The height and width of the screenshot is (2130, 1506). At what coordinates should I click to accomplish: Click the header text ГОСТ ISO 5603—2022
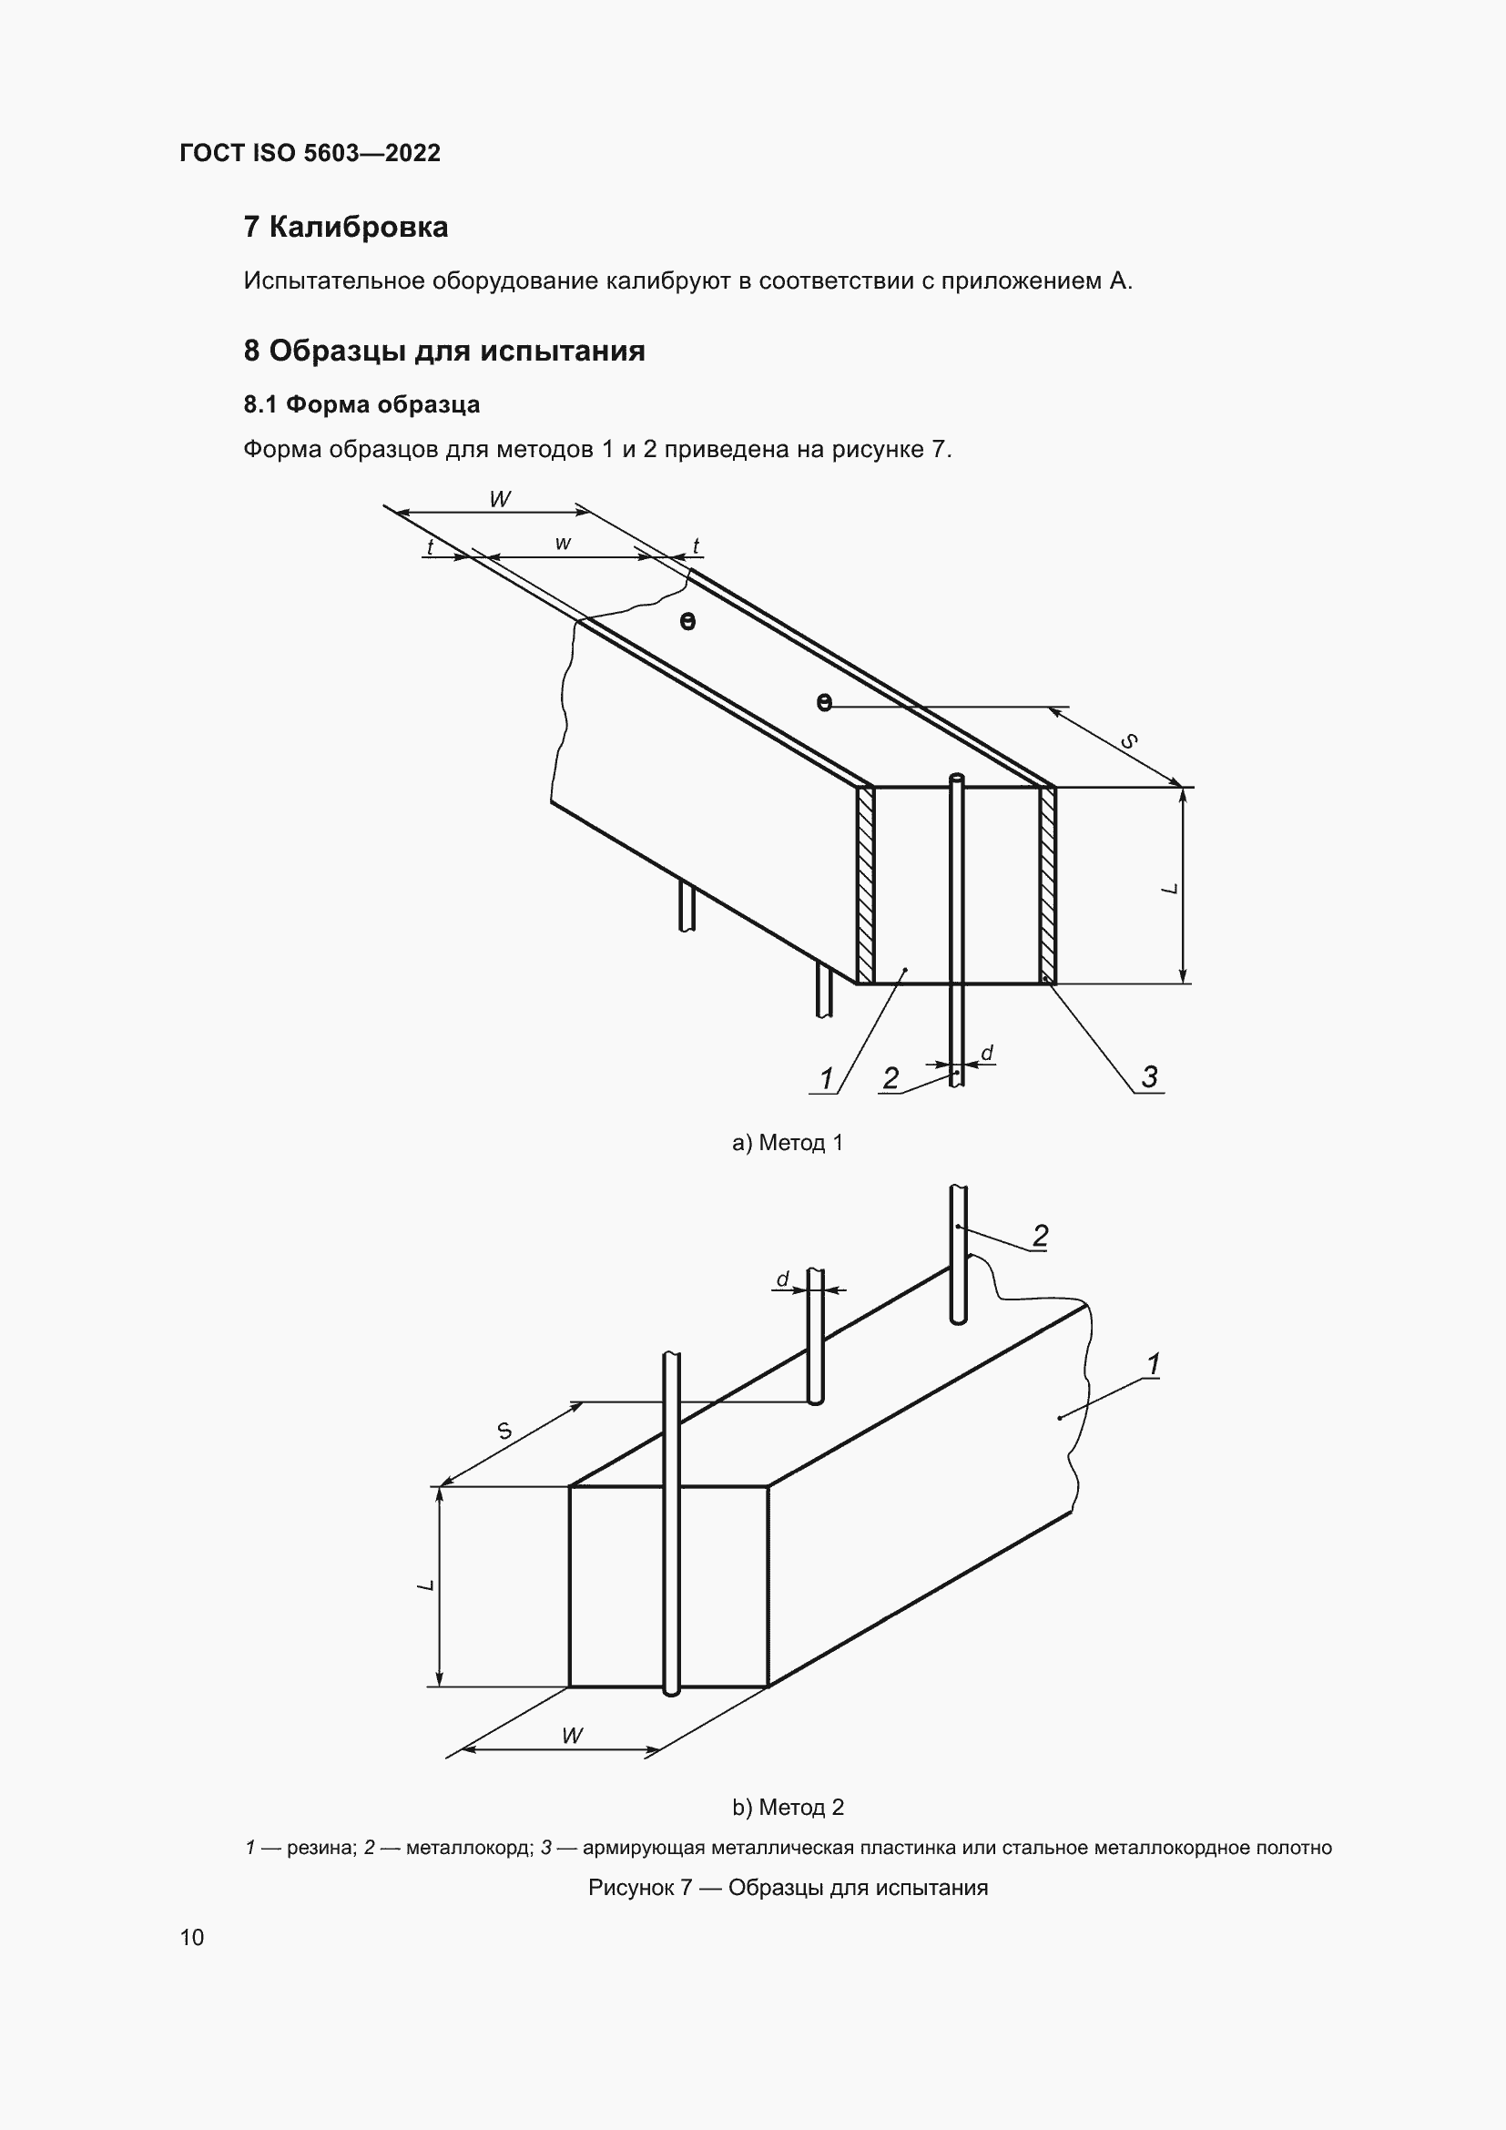(310, 153)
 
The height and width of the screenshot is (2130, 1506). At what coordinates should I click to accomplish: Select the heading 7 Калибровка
(345, 227)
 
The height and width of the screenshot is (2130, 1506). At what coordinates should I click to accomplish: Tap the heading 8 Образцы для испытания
(443, 351)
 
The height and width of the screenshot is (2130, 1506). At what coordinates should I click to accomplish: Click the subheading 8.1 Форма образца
(361, 404)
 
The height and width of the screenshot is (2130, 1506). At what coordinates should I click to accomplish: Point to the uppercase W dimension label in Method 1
(499, 499)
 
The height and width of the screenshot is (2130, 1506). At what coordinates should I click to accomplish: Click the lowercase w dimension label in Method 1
(563, 544)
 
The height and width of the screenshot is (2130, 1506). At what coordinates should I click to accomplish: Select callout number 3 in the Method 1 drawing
(1149, 1077)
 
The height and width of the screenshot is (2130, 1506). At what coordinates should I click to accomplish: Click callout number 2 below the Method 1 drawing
(890, 1078)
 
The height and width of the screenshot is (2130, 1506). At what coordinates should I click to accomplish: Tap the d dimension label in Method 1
(987, 1053)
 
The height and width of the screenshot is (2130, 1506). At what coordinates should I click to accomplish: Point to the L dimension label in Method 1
(1169, 888)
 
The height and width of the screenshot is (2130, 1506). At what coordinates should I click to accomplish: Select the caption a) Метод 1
(788, 1143)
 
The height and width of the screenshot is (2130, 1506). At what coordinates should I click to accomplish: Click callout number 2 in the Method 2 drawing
(1041, 1236)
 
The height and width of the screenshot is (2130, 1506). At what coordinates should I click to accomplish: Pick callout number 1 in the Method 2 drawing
(1153, 1365)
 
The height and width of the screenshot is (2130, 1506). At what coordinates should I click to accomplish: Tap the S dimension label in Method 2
(504, 1431)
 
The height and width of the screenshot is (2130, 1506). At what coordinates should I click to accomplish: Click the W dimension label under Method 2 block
(572, 1736)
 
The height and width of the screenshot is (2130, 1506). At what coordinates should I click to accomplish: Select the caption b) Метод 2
(788, 1807)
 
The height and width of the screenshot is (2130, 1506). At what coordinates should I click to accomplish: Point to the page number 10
(192, 1938)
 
